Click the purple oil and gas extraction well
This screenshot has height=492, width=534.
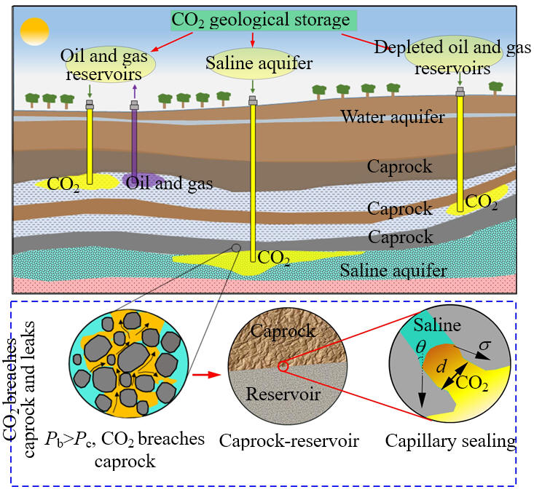tap(135, 142)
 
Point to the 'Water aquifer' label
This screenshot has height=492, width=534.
tap(392, 116)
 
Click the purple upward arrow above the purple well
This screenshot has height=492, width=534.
tap(134, 90)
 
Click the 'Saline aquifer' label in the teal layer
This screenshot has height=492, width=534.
tap(394, 271)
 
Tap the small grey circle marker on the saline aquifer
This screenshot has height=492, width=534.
tap(237, 247)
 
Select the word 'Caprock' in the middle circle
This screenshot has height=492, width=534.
tap(283, 331)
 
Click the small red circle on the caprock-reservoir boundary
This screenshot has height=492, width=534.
tap(283, 367)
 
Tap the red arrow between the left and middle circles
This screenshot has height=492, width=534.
tap(205, 375)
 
